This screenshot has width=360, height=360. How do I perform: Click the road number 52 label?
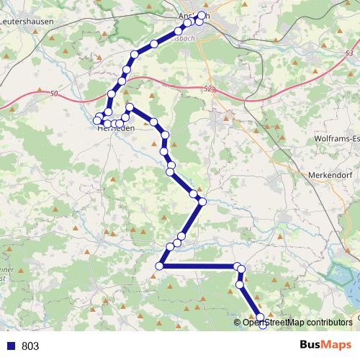209,88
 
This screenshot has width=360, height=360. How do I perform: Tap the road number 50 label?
55,93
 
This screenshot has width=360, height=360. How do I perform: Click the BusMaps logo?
325,345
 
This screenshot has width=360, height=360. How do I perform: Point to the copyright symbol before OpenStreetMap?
238,323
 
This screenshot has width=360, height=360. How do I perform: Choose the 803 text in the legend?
30,346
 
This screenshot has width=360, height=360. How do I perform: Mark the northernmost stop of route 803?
202,15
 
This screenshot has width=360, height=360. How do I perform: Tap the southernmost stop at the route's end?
262,327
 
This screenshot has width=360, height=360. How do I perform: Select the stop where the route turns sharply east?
159,267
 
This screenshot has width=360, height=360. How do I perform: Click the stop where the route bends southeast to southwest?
202,202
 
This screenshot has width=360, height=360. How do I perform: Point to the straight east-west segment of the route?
198,267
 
